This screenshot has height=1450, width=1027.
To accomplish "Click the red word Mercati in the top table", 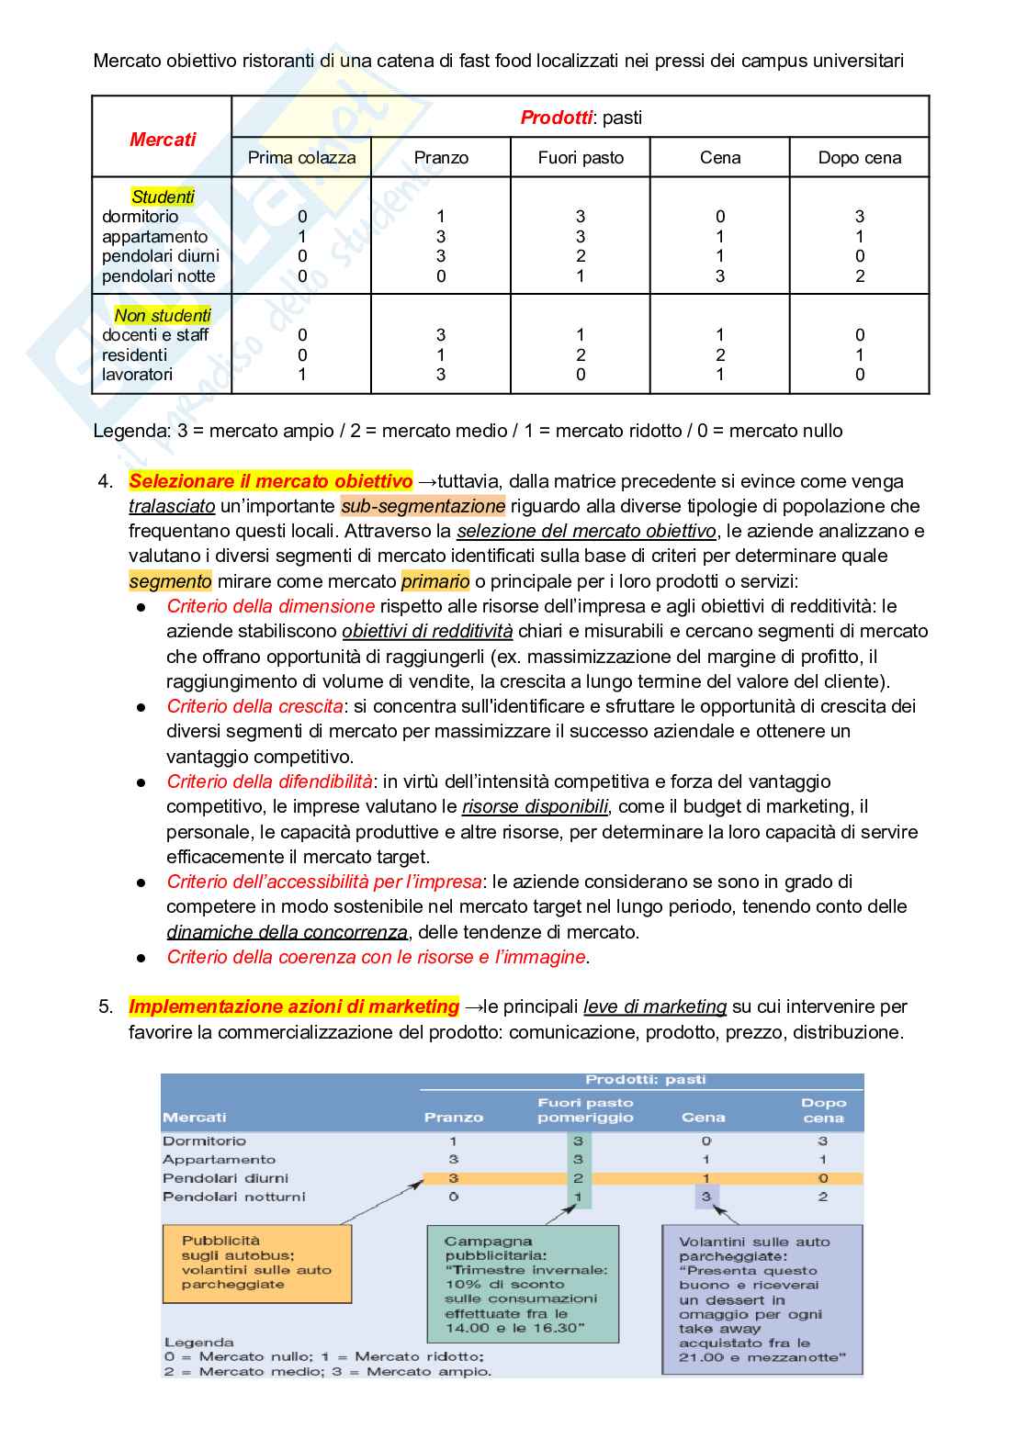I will coord(163,140).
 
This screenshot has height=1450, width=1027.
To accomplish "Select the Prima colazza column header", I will coord(301,158).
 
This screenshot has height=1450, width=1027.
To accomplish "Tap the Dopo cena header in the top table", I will coord(859,158).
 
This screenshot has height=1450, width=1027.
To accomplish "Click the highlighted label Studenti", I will coord(163,197).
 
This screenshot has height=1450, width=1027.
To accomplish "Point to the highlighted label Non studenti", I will coord(163,315).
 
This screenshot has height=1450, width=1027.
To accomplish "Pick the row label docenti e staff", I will coord(155,335).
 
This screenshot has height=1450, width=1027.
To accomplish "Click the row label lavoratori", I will coord(137,375).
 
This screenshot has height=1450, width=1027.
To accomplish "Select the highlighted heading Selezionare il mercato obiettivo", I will coord(270,481).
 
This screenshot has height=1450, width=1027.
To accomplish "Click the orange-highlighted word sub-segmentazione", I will coord(423,506).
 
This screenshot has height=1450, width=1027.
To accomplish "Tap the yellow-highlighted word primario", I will coord(435,581).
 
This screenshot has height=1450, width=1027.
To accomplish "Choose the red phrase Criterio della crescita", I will coord(254,706).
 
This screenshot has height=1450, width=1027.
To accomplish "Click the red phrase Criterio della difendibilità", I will coord(269,781).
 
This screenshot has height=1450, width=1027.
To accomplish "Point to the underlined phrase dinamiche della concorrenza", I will coord(287,932).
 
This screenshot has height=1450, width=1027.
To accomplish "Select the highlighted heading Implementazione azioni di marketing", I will coord(293,1006).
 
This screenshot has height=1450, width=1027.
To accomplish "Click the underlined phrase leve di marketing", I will coord(655,1006).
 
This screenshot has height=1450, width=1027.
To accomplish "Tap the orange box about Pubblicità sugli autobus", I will coord(257,1264).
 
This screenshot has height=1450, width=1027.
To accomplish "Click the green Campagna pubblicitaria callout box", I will coord(523,1284).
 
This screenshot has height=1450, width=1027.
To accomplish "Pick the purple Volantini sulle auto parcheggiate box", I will coord(762,1299).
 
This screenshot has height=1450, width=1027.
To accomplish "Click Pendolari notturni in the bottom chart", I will coord(234,1197).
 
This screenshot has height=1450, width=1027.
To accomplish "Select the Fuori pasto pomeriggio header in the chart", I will coord(585,1110).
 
